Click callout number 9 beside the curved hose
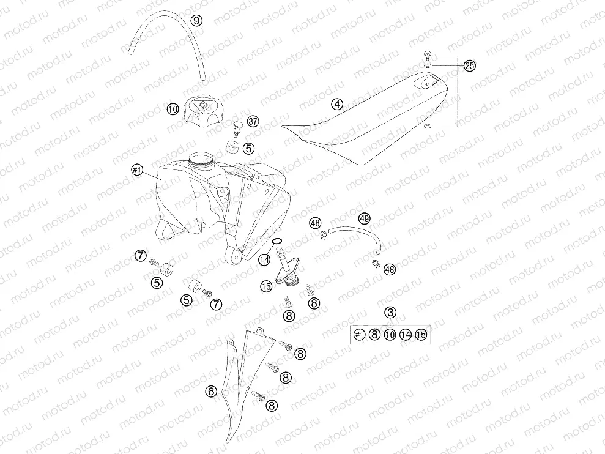pyautogui.click(x=197, y=20)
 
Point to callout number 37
pyautogui.click(x=253, y=122)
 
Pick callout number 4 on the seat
pyautogui.click(x=337, y=104)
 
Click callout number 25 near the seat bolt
pyautogui.click(x=470, y=66)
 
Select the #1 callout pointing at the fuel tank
pyautogui.click(x=138, y=170)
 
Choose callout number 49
pyautogui.click(x=365, y=219)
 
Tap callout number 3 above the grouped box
pyautogui.click(x=390, y=312)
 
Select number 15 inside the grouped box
pyautogui.click(x=421, y=334)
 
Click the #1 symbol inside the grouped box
pyautogui.click(x=359, y=334)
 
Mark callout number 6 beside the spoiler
pyautogui.click(x=211, y=392)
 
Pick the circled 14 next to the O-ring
pyautogui.click(x=264, y=260)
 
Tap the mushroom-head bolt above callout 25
pyautogui.click(x=428, y=56)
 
